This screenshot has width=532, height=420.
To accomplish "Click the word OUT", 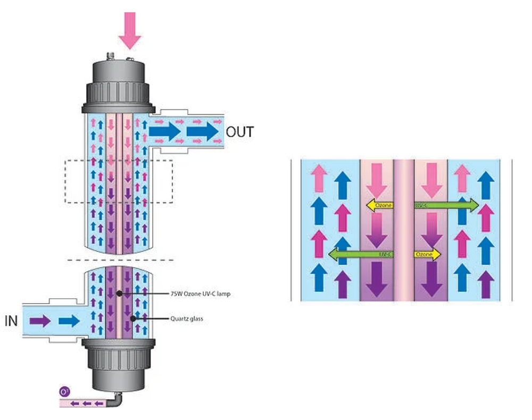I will coord(240,132).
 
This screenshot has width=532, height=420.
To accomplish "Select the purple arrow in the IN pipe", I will coord(40,321).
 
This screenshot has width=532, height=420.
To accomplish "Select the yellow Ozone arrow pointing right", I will coord(428,254).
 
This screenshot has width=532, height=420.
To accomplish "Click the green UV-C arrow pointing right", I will coord(447,205).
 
